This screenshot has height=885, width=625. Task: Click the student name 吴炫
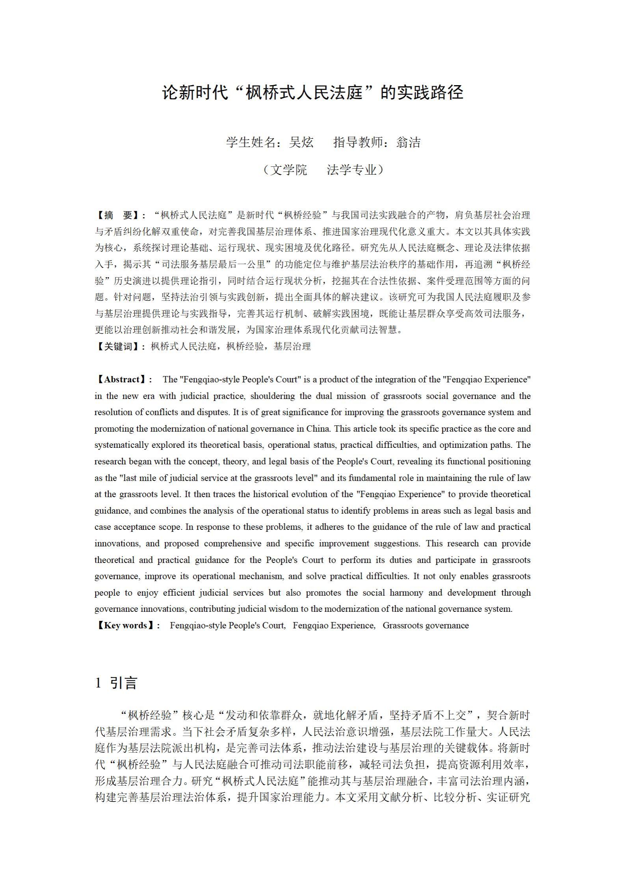(301, 142)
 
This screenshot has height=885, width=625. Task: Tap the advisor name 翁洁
(409, 142)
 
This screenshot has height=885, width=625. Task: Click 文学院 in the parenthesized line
(288, 170)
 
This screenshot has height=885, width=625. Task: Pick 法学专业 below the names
(352, 170)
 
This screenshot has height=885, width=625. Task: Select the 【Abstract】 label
(122, 380)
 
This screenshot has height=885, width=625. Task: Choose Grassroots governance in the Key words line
(426, 626)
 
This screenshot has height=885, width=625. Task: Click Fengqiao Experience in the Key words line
(333, 626)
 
